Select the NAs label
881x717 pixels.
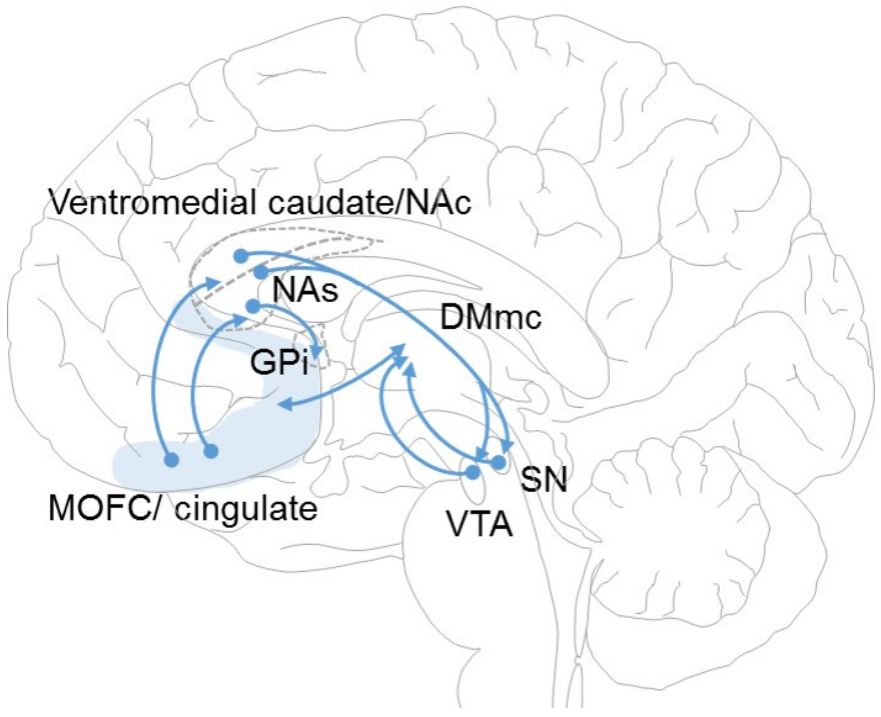(305, 290)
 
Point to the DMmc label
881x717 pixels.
(491, 317)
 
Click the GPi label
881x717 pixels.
(279, 363)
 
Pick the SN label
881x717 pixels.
(543, 479)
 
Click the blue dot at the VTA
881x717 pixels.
(473, 472)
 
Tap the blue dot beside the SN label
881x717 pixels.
(499, 462)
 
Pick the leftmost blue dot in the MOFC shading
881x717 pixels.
(172, 459)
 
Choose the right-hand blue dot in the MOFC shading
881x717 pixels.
(211, 451)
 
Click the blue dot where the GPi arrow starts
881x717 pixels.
(253, 306)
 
